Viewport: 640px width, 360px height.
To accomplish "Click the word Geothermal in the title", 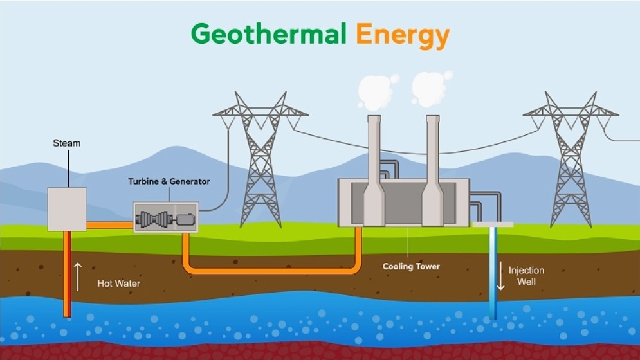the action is (269, 34).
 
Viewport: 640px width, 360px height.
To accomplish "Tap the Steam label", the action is (66, 143).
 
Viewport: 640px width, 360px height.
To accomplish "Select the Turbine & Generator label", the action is (169, 181).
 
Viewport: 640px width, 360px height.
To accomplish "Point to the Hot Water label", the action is (118, 283).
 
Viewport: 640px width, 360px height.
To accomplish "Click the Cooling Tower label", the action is (411, 267).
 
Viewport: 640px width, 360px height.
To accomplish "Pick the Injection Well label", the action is (526, 276).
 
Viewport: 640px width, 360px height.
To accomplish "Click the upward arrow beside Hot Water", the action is (78, 277).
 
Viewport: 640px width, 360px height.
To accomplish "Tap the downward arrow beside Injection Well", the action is (501, 276).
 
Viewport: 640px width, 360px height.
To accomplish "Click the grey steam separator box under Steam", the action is (67, 210).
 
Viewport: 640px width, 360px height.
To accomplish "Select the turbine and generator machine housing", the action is (166, 217).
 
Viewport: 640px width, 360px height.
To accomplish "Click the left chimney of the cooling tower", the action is (374, 170).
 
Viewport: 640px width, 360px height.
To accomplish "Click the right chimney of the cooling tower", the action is (433, 170).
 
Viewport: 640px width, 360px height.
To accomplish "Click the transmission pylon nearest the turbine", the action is (261, 159).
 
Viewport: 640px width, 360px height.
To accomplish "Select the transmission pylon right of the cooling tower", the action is (571, 159).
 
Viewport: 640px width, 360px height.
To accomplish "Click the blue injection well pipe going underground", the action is (493, 273).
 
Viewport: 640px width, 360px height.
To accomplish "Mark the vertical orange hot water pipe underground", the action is (68, 274).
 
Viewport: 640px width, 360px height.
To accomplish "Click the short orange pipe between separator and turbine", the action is (110, 225).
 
